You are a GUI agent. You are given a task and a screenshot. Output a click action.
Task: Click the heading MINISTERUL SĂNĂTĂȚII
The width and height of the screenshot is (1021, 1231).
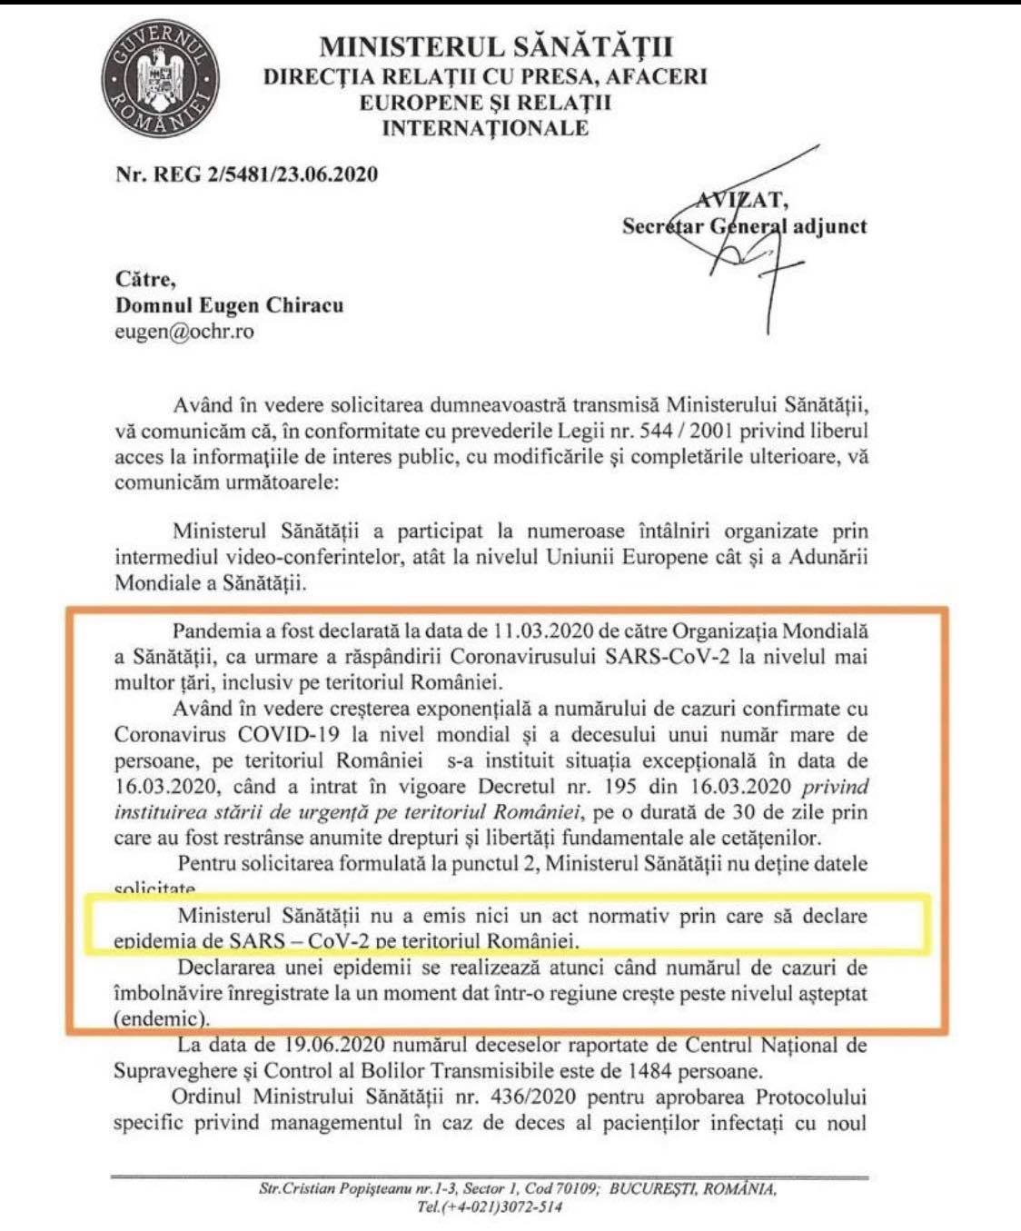click(x=496, y=47)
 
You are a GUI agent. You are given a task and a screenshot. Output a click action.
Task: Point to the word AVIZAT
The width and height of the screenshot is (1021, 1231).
click(x=743, y=200)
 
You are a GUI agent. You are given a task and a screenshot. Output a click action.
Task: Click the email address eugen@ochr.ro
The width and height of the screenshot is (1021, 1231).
click(x=184, y=332)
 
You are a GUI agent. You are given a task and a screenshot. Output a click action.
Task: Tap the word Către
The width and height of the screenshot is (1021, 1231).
click(x=145, y=279)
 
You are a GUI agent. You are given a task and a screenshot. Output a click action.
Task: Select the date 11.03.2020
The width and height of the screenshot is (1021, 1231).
click(x=541, y=630)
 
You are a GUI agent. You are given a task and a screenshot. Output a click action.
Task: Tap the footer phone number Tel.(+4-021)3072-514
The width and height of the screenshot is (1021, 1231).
click(x=490, y=1206)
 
